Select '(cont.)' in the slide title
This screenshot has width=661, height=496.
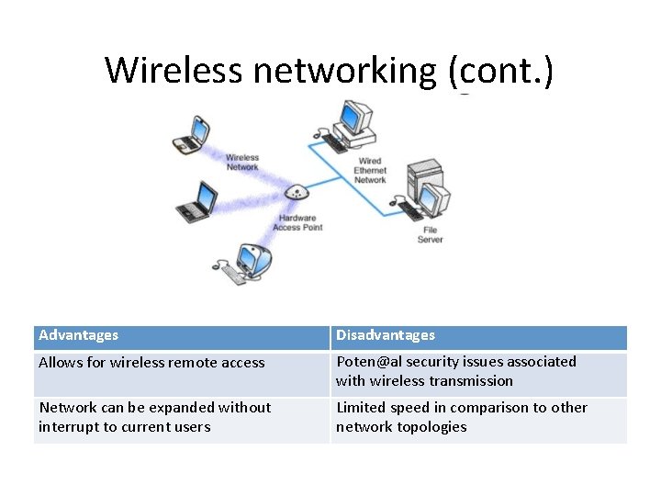point(502,70)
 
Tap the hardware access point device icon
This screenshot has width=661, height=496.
point(296,194)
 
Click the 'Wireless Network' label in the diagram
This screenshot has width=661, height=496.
point(242,163)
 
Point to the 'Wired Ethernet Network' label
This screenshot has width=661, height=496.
point(370,171)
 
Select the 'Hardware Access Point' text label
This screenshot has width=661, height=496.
point(297,223)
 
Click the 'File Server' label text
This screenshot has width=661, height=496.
point(430,235)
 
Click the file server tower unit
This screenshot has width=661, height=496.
point(423,184)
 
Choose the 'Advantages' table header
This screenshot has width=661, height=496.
point(79,336)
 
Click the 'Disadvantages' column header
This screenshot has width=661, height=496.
point(386,336)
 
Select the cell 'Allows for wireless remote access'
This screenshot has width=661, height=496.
point(151,363)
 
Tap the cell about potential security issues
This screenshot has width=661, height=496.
point(456,371)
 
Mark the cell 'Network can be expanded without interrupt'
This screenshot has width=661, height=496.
point(155,417)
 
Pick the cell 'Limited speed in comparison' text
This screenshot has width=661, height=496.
point(462,417)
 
